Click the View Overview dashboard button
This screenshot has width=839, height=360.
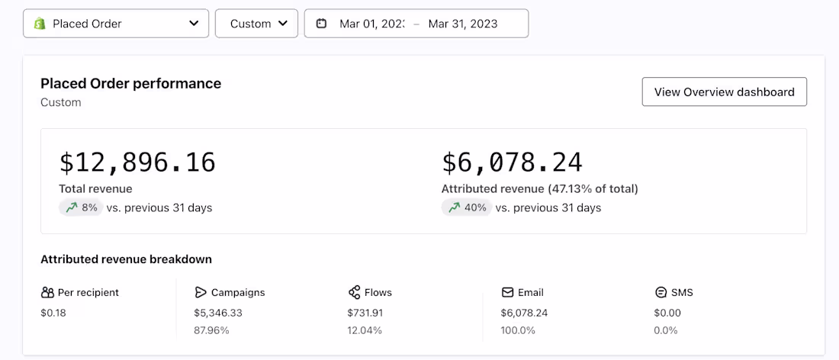[x=724, y=92]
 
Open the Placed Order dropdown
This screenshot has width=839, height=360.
[x=116, y=24]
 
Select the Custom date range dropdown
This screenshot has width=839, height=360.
[x=256, y=24]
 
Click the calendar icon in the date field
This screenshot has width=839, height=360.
[x=322, y=24]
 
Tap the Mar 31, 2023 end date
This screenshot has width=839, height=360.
[x=462, y=24]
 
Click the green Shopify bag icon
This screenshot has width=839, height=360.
[x=39, y=24]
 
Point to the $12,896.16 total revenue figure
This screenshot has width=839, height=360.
[x=137, y=162]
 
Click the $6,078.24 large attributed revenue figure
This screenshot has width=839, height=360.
[x=512, y=162]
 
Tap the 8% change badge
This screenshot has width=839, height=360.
[x=80, y=207]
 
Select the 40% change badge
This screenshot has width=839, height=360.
[x=465, y=207]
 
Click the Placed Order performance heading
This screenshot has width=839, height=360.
[x=130, y=84]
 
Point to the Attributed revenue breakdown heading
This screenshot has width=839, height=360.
[x=126, y=259]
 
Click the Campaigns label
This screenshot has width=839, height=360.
[x=238, y=292]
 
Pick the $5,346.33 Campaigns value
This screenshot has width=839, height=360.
[x=218, y=313]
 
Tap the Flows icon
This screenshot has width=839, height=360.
[x=354, y=292]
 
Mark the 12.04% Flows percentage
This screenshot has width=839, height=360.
[x=365, y=330]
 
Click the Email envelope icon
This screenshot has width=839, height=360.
[x=507, y=292]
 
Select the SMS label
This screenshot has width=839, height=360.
[x=683, y=292]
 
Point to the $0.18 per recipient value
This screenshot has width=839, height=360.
[x=53, y=313]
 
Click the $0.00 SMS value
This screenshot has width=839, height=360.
[x=667, y=313]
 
